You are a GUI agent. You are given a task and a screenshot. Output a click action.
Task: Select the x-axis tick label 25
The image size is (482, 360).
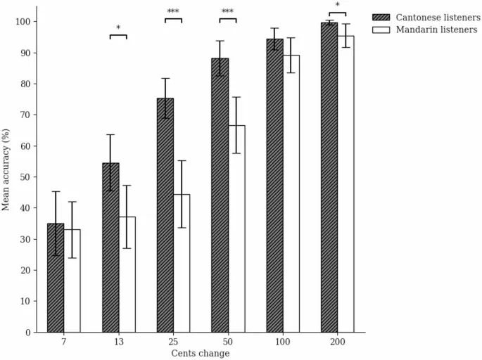tap(173, 342)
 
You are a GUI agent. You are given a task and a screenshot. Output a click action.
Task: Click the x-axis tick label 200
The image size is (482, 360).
tap(338, 342)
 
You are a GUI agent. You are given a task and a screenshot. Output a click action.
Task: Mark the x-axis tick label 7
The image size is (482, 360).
tap(63, 342)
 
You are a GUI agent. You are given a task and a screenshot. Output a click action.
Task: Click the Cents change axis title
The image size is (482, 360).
tap(201, 353)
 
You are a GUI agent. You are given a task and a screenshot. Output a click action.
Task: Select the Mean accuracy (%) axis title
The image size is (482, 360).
tap(6, 169)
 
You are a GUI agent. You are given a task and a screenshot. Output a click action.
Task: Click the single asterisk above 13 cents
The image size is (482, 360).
tap(118, 29)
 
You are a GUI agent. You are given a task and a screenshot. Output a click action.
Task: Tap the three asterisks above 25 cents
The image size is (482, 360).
tap(173, 12)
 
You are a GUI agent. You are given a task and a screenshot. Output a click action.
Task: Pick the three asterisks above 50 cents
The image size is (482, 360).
tap(228, 12)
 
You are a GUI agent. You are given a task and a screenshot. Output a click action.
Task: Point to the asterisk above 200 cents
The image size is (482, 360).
tap(338, 6)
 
